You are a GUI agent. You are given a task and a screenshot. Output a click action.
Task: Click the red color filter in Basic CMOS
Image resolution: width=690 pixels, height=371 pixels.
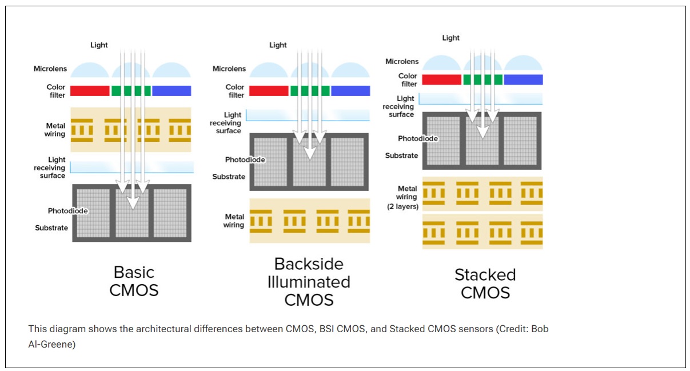[90, 90]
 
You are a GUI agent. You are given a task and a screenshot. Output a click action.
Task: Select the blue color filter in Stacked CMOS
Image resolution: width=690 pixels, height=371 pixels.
[523, 79]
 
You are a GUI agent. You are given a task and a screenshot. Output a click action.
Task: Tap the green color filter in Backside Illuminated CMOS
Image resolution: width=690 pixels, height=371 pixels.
[310, 90]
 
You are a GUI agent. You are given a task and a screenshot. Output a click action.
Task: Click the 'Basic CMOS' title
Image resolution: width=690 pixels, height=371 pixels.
[134, 281]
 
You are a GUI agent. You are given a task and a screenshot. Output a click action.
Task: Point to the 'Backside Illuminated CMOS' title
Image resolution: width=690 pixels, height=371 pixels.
[309, 282]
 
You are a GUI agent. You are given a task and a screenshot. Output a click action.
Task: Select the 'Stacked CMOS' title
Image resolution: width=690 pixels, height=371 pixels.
[485, 284]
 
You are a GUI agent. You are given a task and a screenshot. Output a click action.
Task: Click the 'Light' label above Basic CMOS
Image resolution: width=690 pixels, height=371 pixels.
[99, 45]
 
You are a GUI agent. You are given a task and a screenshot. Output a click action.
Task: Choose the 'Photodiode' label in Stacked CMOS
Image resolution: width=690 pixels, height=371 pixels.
[418, 138]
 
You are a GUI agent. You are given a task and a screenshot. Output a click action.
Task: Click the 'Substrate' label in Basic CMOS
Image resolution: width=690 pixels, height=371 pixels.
[51, 228]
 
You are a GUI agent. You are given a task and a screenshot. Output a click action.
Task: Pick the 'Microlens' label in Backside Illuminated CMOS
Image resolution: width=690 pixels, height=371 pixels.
[229, 69]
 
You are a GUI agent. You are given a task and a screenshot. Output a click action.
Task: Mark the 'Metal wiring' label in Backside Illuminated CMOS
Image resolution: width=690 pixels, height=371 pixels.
[234, 221]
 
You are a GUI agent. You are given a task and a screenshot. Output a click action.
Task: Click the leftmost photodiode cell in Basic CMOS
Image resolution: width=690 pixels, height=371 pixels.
[93, 213]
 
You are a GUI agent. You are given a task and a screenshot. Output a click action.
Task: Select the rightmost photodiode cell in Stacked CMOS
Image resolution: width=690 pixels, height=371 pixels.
[520, 141]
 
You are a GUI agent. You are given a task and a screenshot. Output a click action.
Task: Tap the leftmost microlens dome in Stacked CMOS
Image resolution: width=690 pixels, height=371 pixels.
[441, 63]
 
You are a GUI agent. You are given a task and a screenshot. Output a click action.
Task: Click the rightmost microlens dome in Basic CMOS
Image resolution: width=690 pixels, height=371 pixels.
[171, 70]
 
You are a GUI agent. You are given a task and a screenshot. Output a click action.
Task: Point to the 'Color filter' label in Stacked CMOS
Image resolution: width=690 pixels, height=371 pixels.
[408, 80]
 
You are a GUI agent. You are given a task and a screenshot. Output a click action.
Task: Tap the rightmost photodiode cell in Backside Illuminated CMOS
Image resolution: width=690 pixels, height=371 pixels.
[347, 162]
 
